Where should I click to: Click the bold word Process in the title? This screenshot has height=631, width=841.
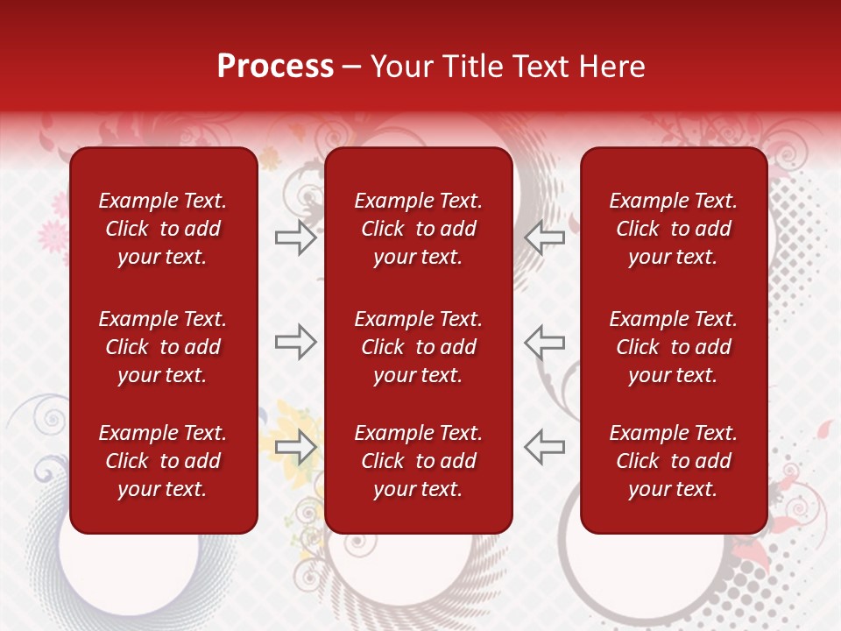coord(275,67)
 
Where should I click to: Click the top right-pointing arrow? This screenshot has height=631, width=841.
coord(295,238)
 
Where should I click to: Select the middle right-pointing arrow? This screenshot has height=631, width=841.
coord(295,342)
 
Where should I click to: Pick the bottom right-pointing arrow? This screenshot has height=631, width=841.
coord(295,446)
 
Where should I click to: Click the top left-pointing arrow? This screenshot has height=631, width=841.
coord(544,238)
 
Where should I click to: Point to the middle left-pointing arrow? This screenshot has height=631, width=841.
coord(544,342)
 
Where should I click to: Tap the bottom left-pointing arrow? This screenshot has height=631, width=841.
coord(544,446)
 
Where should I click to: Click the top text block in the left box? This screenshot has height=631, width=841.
coord(163,229)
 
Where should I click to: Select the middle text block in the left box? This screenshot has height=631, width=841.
coord(163,347)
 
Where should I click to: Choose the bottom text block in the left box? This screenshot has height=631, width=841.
coord(163,461)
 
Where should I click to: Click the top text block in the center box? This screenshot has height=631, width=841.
coord(418,229)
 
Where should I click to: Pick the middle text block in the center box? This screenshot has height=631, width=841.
coord(418,347)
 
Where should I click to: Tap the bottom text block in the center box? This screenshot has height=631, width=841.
coord(418,461)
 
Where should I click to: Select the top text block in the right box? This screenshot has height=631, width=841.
coord(673,229)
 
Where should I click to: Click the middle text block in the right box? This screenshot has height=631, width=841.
coord(673,347)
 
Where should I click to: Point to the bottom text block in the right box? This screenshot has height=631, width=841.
coord(673,461)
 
